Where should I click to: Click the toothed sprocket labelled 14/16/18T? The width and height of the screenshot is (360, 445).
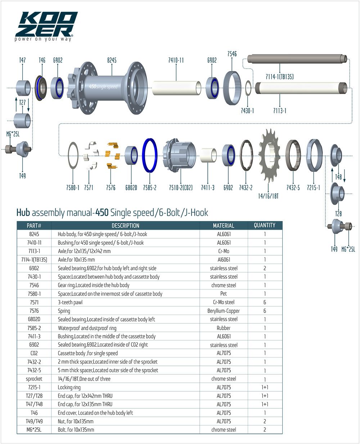coord(269,156)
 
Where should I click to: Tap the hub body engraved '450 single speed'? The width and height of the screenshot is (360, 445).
coord(108,88)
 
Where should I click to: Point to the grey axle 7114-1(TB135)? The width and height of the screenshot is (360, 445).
coord(297,59)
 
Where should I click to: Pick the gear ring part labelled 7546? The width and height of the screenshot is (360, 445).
coord(232,88)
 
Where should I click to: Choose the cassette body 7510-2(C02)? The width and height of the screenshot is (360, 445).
coord(179,155)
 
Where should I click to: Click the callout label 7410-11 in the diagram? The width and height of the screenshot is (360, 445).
coord(176,60)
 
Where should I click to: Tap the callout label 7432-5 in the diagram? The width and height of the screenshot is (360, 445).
coord(293,188)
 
